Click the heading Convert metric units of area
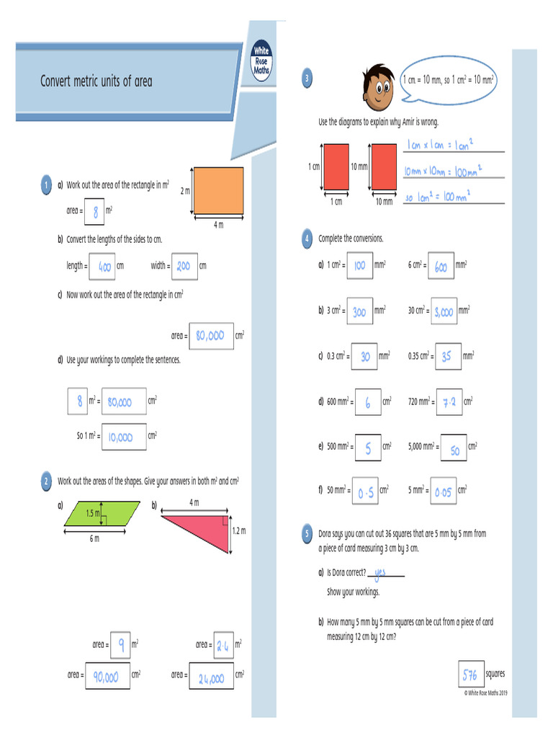click(96, 81)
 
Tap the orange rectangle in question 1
click(220, 190)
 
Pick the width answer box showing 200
click(183, 266)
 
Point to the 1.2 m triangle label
click(238, 531)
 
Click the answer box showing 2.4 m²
click(222, 645)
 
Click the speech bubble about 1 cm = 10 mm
click(449, 80)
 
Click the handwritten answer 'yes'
click(381, 572)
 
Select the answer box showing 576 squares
click(471, 675)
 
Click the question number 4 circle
click(307, 239)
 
